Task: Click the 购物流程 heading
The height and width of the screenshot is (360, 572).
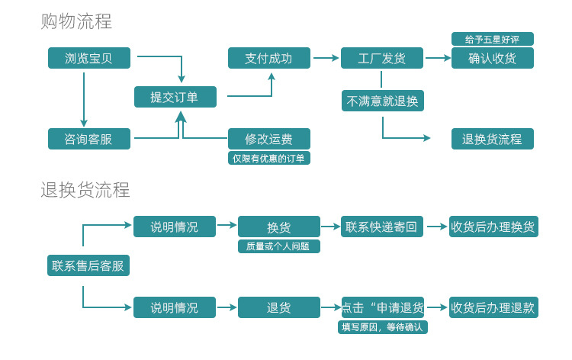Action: point(76,21)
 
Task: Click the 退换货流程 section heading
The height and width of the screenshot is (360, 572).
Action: point(85,190)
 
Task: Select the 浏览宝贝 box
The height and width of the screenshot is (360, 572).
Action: point(88,58)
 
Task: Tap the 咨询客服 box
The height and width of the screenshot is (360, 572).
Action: point(88,139)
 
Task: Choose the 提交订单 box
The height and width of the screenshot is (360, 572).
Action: point(175,97)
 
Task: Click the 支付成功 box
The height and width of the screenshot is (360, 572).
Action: point(269,58)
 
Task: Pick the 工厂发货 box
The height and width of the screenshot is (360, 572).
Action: point(382,58)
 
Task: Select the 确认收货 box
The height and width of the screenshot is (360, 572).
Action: point(492,58)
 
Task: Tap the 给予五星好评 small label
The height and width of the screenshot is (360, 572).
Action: point(492,39)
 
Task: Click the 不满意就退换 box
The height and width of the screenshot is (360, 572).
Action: point(382,101)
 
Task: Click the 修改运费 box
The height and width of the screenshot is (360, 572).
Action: point(269,139)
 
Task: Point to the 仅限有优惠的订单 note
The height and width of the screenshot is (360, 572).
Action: point(269,158)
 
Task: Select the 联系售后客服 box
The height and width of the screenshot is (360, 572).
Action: point(88,265)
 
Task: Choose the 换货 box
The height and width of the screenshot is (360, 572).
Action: point(278,227)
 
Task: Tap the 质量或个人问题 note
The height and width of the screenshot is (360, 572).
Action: point(278,246)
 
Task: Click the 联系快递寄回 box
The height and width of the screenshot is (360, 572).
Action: point(382,227)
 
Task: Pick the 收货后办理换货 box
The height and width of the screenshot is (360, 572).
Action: point(493,227)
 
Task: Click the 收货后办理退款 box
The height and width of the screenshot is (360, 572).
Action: point(493,307)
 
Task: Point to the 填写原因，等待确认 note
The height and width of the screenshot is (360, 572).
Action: point(383,327)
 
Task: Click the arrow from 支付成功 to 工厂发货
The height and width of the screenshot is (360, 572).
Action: point(326,58)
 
